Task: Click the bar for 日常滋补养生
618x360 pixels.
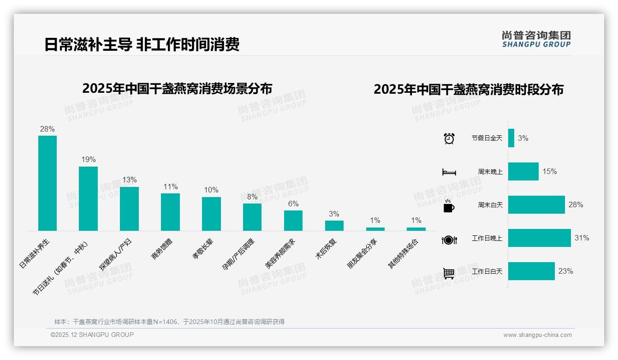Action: pyautogui.click(x=48, y=183)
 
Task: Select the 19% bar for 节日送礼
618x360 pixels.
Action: pyautogui.click(x=88, y=198)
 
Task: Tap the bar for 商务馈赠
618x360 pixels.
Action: pyautogui.click(x=170, y=212)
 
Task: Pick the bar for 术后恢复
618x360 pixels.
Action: pyautogui.click(x=334, y=226)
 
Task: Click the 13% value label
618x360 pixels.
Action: pyautogui.click(x=129, y=180)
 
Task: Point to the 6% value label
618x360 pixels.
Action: pyautogui.click(x=293, y=204)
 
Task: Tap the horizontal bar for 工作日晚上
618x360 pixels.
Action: pyautogui.click(x=539, y=238)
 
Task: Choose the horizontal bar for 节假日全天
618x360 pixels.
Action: pyautogui.click(x=511, y=138)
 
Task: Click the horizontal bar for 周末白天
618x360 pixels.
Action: pyautogui.click(x=536, y=204)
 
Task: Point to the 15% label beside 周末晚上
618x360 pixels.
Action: pyautogui.click(x=549, y=171)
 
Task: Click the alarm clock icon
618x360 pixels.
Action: pyautogui.click(x=449, y=138)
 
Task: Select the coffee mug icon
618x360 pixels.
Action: pyautogui.click(x=449, y=206)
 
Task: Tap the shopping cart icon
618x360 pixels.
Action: pyautogui.click(x=449, y=273)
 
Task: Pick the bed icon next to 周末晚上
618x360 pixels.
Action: pyautogui.click(x=449, y=172)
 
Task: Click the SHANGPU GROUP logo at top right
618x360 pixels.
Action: pyautogui.click(x=536, y=39)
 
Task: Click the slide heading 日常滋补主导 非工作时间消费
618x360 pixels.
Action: pyautogui.click(x=142, y=45)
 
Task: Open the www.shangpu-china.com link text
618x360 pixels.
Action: pyautogui.click(x=537, y=335)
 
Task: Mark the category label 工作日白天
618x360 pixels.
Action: pyautogui.click(x=487, y=271)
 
